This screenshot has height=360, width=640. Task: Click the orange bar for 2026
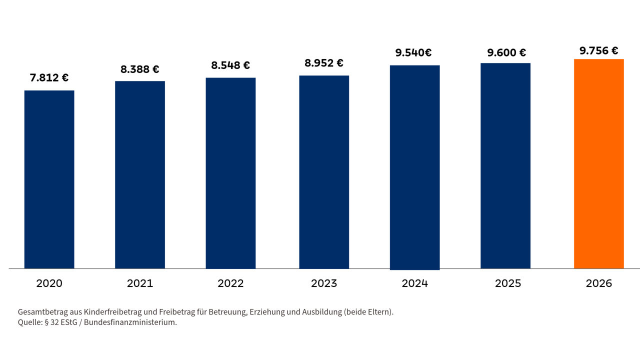pos(599,163)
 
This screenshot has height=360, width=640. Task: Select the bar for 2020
pos(49,179)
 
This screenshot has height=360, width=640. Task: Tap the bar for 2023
pos(324,172)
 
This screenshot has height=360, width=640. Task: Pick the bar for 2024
pos(415,167)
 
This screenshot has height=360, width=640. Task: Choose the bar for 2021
pos(140,175)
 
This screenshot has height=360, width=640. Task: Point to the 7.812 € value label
pos(49,77)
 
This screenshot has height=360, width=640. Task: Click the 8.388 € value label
pos(139,69)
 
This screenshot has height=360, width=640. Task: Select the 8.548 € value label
pos(230,65)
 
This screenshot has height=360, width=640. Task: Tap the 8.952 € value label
pos(323,63)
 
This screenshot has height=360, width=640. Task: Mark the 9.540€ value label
pos(413,52)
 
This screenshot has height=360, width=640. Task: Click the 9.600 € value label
pos(506,52)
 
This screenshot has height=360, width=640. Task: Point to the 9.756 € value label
pos(599,51)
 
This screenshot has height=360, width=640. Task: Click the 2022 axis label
pos(230,283)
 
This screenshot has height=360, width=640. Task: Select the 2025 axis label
pos(508,283)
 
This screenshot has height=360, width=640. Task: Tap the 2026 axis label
pos(599,283)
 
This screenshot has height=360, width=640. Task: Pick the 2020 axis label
pos(49,283)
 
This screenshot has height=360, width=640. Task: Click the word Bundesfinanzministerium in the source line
pos(130,322)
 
